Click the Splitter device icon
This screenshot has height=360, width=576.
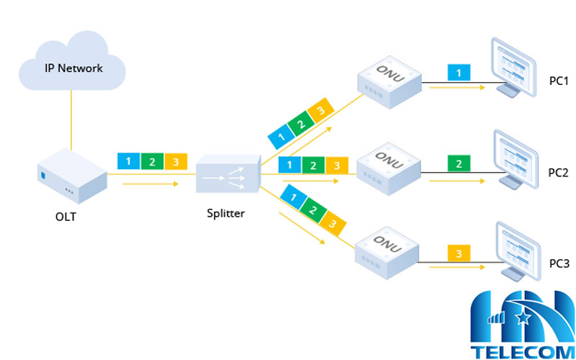coord(228,174)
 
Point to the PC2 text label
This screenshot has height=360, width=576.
coord(558,173)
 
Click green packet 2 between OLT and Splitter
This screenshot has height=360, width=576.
coord(152,161)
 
